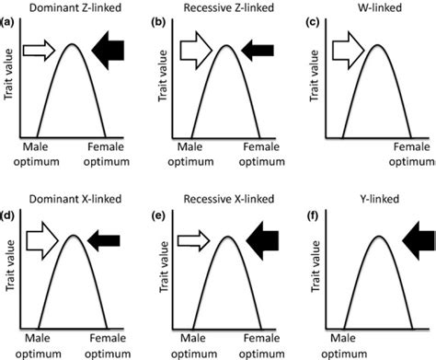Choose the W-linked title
pyautogui.click(x=372, y=8)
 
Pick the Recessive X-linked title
pyautogui.click(x=221, y=201)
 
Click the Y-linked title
pyautogui.click(x=373, y=201)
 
